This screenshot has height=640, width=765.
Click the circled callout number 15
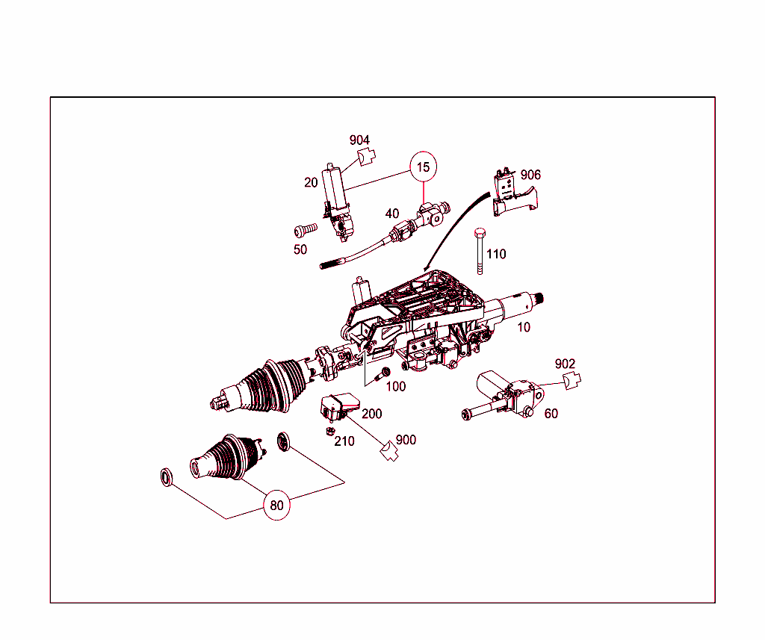click(x=423, y=167)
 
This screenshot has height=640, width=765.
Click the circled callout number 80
click(x=276, y=505)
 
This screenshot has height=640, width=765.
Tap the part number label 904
click(x=359, y=140)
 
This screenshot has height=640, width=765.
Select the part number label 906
click(x=530, y=175)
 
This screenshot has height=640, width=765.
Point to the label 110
click(x=496, y=254)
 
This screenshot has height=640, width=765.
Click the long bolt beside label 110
click(x=480, y=251)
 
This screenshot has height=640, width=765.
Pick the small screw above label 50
click(x=306, y=230)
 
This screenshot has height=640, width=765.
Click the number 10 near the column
click(x=524, y=327)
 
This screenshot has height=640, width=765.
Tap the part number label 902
click(x=565, y=364)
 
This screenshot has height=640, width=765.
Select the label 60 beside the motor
click(x=551, y=414)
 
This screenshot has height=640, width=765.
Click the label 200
click(x=372, y=414)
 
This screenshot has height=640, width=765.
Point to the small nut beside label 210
click(x=329, y=431)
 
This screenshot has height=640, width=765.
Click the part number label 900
click(x=406, y=440)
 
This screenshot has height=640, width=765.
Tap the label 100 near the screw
click(x=396, y=387)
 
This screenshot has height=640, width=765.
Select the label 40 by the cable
click(x=392, y=214)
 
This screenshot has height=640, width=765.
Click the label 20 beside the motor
click(x=311, y=182)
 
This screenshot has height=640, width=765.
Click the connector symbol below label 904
click(x=367, y=158)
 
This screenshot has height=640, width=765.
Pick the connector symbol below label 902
click(x=572, y=380)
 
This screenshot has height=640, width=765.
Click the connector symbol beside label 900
click(x=389, y=451)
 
